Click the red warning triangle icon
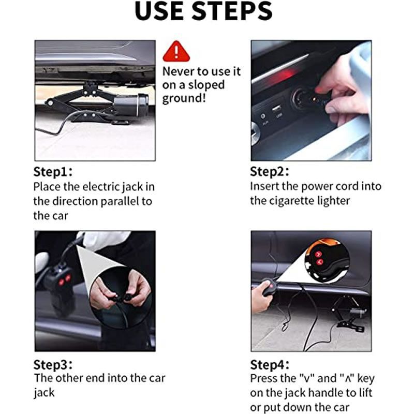(176, 51)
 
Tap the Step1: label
(53, 172)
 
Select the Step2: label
(269, 172)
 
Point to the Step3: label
(53, 365)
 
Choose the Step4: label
(270, 365)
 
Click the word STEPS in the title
(232, 11)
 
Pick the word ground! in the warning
(184, 99)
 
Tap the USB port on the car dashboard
(276, 109)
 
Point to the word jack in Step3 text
(44, 393)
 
